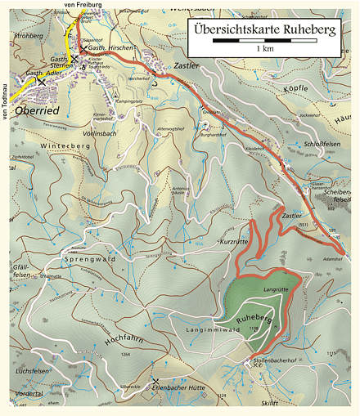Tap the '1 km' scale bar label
264,50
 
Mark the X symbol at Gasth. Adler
42,83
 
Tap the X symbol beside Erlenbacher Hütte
155,381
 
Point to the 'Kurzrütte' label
234,241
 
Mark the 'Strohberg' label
28,36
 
